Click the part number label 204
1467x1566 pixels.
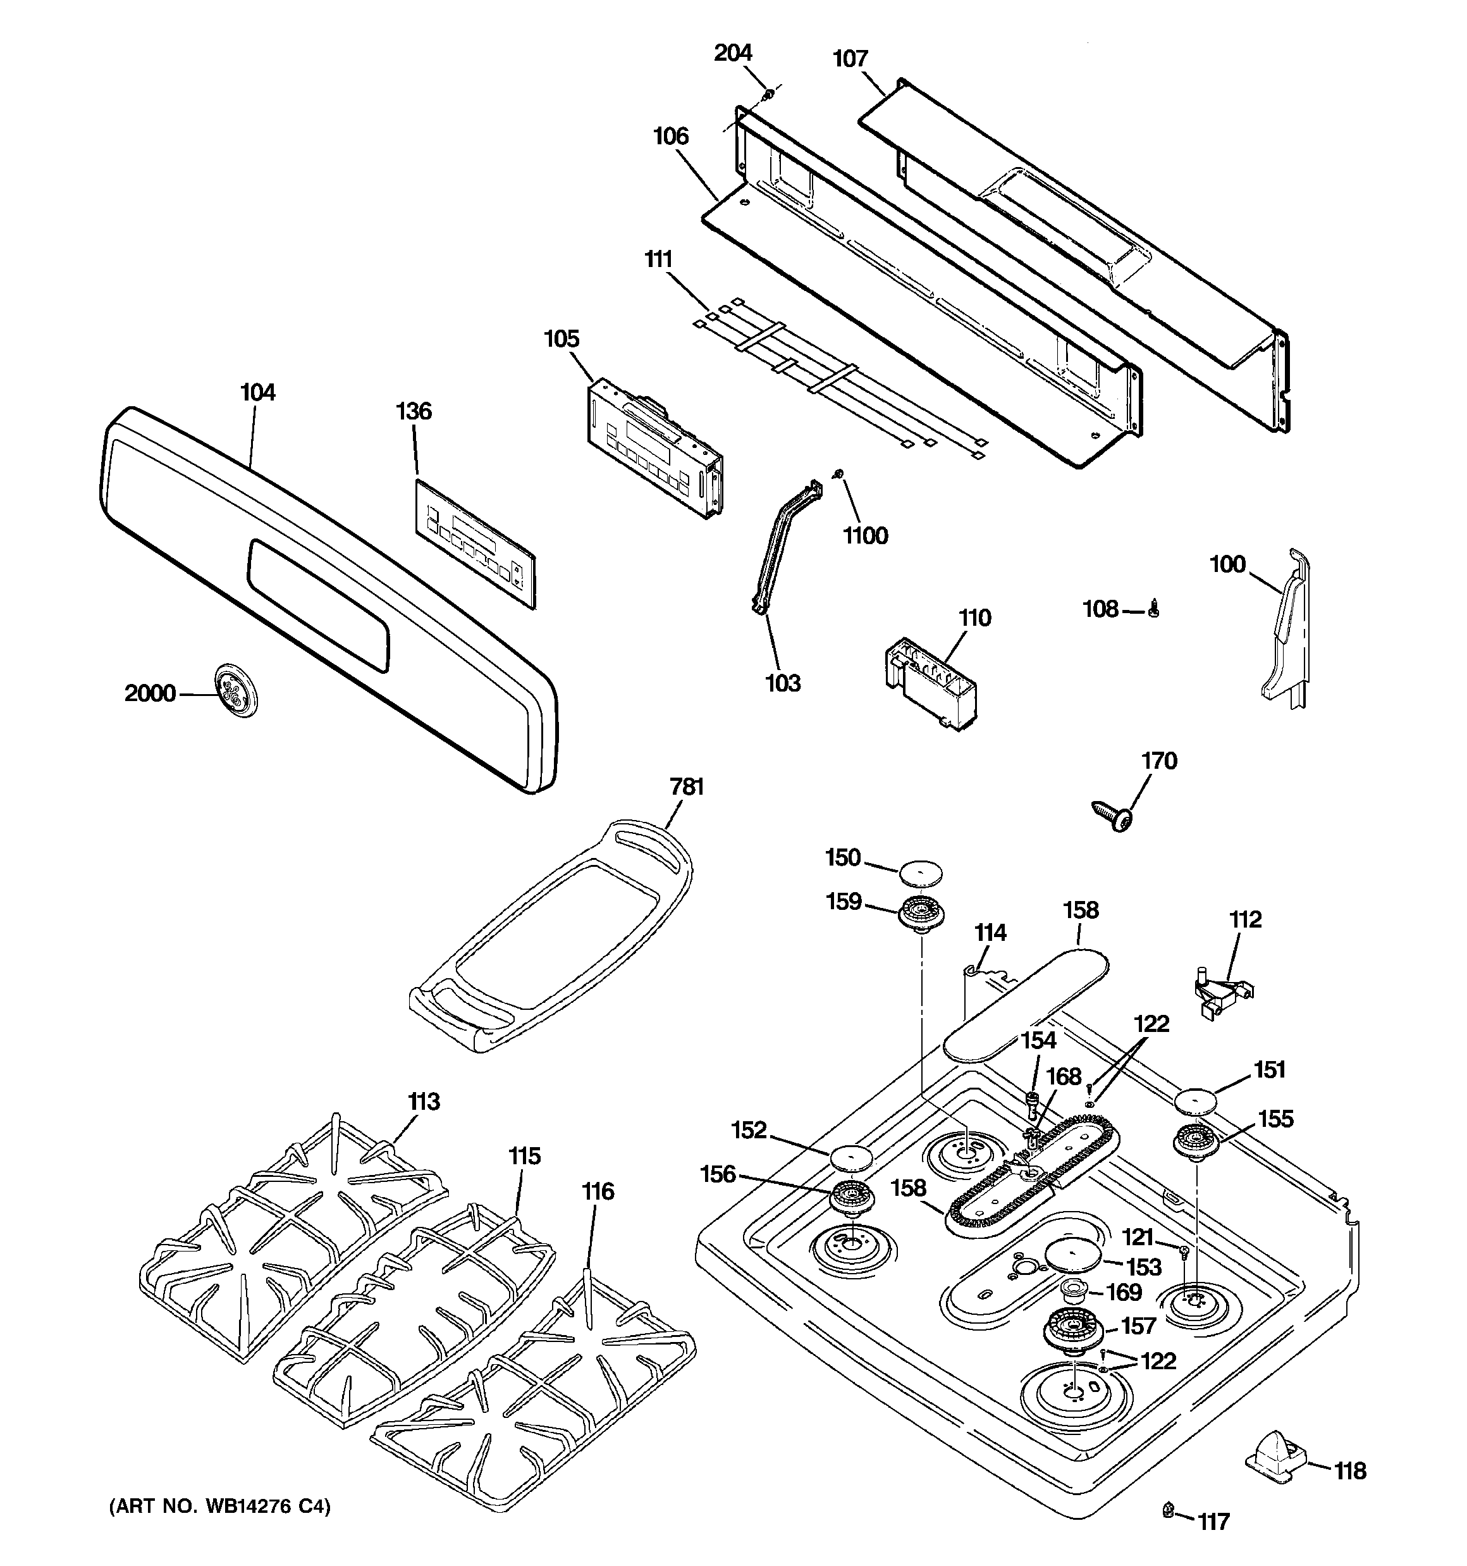tap(733, 53)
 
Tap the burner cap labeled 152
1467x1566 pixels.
tap(851, 1159)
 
